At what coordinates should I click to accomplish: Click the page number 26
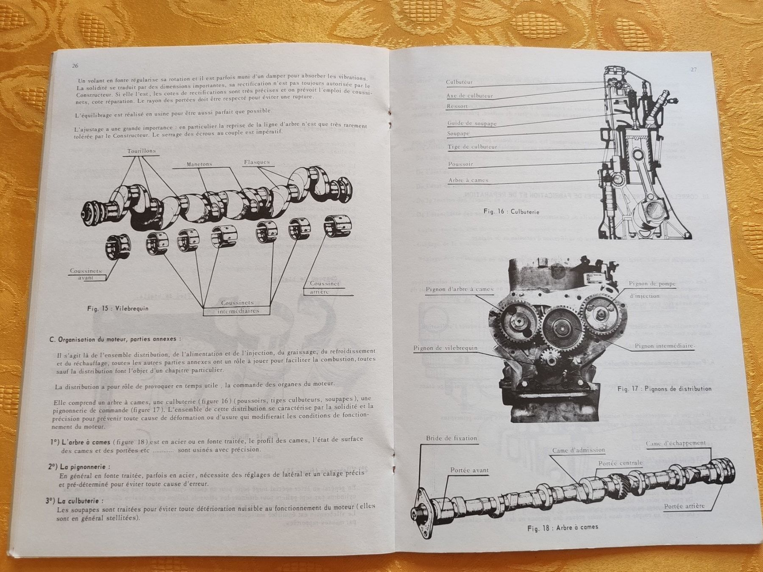[x=75, y=66]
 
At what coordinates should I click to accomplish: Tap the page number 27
[x=693, y=70]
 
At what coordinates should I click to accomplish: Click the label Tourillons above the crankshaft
[x=142, y=151]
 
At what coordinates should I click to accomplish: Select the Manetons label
[x=199, y=164]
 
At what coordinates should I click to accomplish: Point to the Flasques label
[x=257, y=162]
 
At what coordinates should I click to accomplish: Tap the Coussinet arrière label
[x=325, y=288]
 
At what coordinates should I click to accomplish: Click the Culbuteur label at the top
[x=459, y=82]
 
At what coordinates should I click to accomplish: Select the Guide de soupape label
[x=472, y=123]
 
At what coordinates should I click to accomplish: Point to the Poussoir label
[x=460, y=164]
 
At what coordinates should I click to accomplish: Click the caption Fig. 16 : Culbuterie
[x=511, y=211]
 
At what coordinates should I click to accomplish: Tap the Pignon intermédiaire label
[x=664, y=346]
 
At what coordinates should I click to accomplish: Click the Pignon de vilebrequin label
[x=445, y=348]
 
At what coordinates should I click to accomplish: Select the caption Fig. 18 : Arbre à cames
[x=563, y=528]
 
